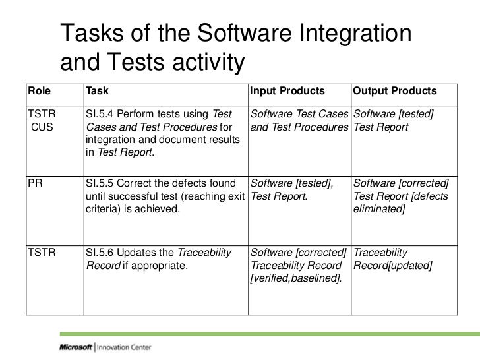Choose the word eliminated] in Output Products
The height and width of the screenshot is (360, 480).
[380, 208]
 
